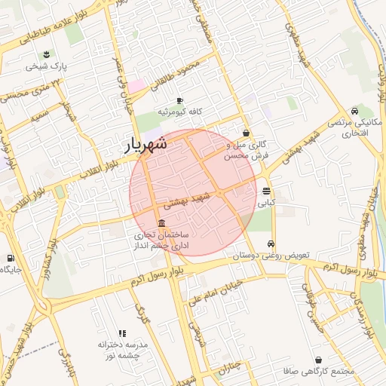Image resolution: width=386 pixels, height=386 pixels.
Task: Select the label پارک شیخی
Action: pyautogui.click(x=47, y=66)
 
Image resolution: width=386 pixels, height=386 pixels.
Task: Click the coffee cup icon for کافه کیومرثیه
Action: pyautogui.click(x=179, y=100)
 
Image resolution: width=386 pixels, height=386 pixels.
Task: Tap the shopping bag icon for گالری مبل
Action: pyautogui.click(x=246, y=133)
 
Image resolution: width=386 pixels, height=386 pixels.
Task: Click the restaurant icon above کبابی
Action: pyautogui.click(x=266, y=191)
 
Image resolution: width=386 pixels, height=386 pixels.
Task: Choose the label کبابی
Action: pyautogui.click(x=267, y=202)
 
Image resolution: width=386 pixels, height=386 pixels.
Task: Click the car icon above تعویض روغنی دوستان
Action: pyautogui.click(x=271, y=244)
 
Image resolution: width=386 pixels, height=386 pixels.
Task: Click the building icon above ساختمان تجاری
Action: pyautogui.click(x=162, y=222)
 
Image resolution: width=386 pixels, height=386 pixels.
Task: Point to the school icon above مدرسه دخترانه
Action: pyautogui.click(x=122, y=332)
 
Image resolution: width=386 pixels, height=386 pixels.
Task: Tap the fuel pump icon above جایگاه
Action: pyautogui.click(x=10, y=258)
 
